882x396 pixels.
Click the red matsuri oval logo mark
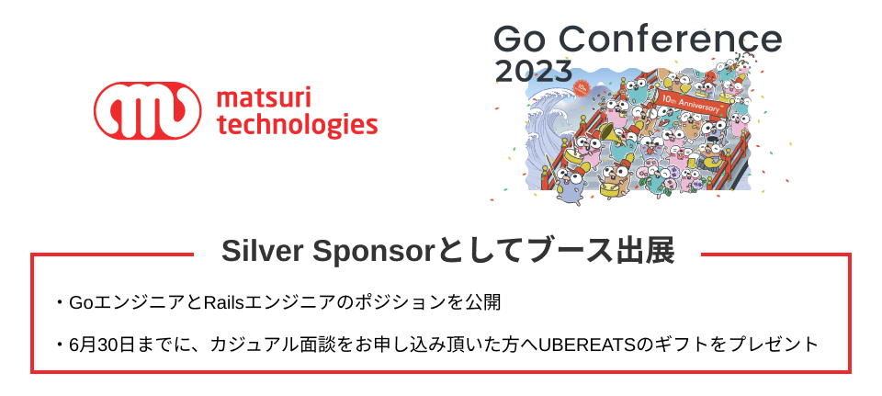[x=147, y=109]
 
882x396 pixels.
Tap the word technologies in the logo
[x=296, y=124]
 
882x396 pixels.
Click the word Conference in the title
[x=670, y=40]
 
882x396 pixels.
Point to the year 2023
[x=533, y=71]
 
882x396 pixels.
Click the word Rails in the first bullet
[x=220, y=302]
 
